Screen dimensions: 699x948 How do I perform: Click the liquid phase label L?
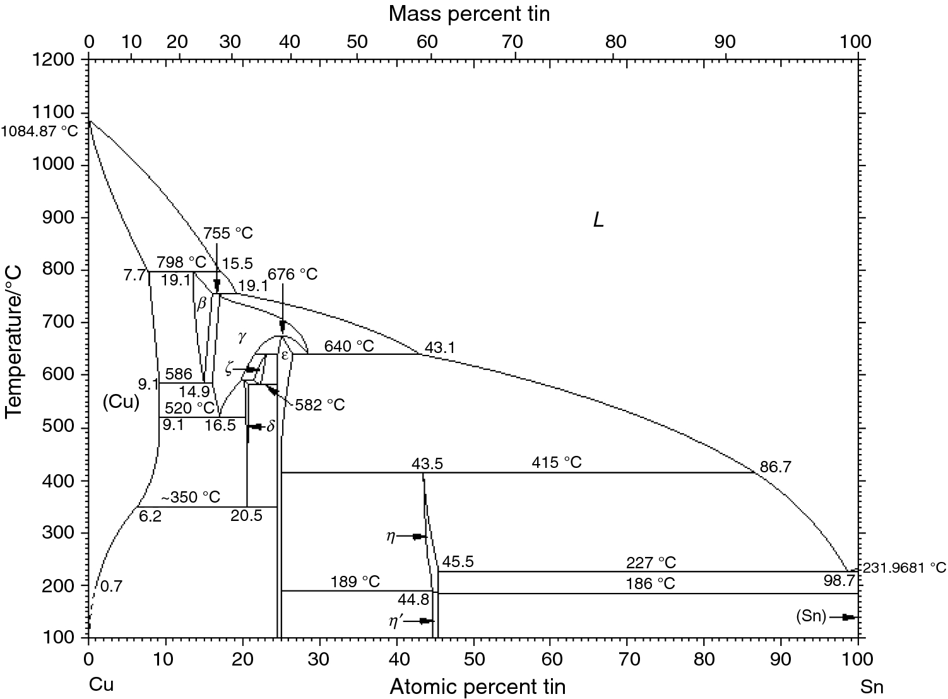(598, 220)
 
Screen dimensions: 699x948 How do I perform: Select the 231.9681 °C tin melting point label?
(903, 567)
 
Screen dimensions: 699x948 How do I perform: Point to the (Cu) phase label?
(121, 402)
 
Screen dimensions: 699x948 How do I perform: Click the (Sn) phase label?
(811, 617)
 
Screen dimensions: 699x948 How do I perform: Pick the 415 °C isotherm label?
(556, 462)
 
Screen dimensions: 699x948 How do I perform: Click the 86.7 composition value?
(775, 468)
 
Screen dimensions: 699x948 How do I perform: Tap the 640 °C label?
(348, 346)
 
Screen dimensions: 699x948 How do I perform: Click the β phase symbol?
(202, 304)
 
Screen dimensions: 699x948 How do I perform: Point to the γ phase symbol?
(242, 336)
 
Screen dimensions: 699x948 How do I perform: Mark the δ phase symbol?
(271, 426)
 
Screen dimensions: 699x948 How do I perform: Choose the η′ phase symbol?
(397, 620)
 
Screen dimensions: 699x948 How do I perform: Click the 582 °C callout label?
(320, 405)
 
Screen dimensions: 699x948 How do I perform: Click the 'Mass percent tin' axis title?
(469, 13)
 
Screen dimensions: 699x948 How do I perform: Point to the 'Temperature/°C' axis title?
(13, 342)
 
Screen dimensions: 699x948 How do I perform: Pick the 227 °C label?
(651, 563)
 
